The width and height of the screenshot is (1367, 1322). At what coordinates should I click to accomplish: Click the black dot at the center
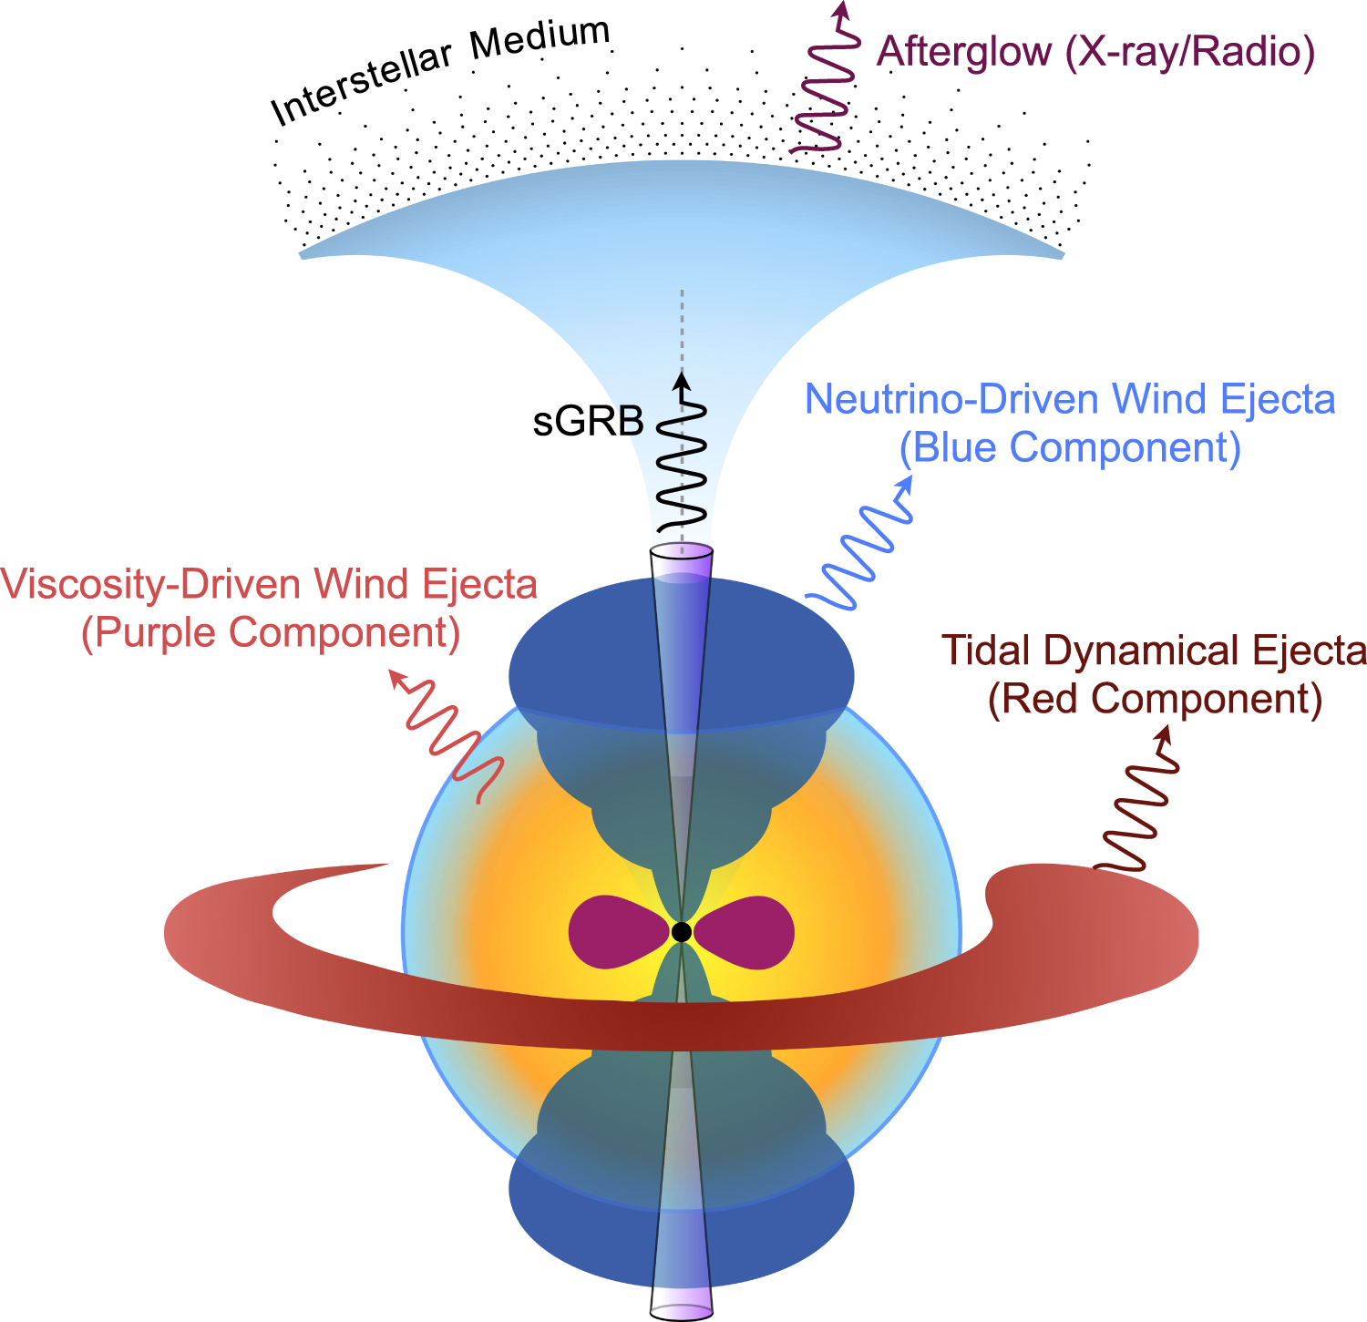(681, 932)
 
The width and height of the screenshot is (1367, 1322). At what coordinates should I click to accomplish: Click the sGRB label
(589, 422)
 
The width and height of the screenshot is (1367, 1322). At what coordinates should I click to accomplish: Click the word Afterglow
(964, 51)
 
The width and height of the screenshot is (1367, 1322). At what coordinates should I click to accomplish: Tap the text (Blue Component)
(1070, 447)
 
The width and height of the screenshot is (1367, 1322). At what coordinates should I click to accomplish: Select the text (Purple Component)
(270, 632)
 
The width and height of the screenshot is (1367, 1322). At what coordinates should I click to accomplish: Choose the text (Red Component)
(1155, 699)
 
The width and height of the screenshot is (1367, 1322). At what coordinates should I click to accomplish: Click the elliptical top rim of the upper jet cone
(681, 551)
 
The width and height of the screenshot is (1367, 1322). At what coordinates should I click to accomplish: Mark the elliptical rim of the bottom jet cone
(681, 1312)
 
